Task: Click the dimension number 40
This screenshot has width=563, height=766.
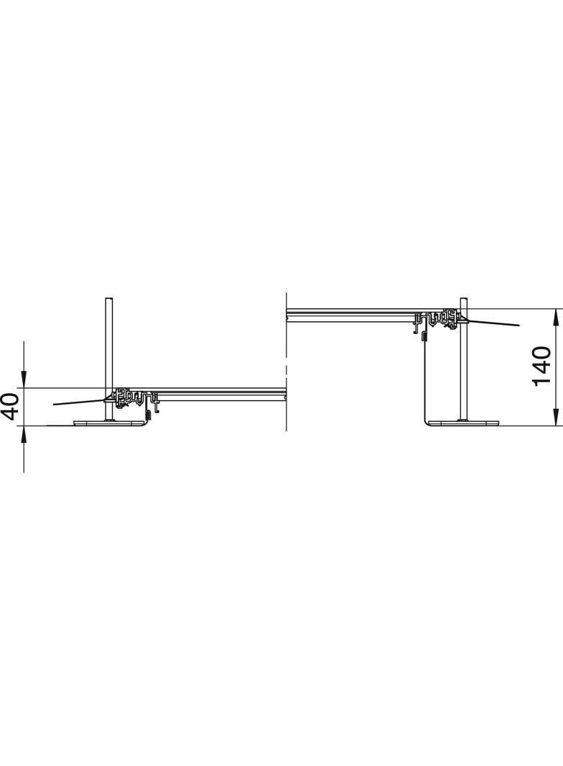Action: (11, 407)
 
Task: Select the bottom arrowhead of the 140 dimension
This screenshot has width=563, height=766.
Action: (555, 417)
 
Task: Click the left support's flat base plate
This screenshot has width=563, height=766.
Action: (110, 423)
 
